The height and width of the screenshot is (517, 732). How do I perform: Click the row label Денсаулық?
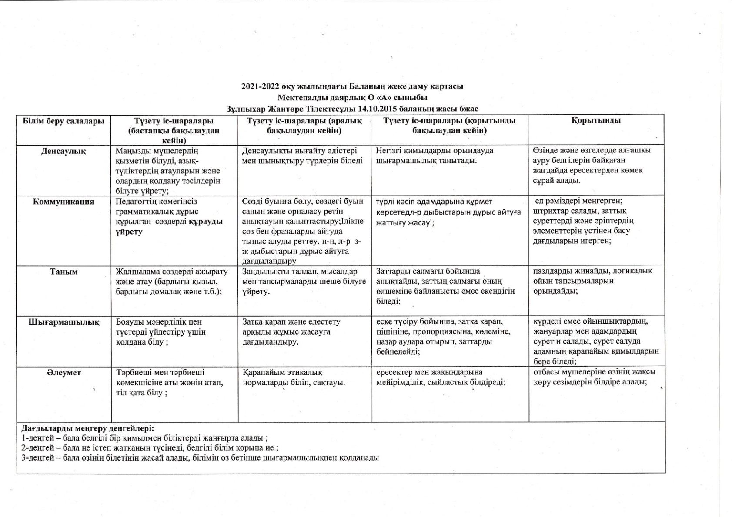pyautogui.click(x=64, y=151)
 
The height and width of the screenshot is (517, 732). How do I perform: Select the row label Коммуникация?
pyautogui.click(x=64, y=202)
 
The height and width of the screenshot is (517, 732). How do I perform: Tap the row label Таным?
pyautogui.click(x=64, y=272)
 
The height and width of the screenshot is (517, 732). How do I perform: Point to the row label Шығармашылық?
pyautogui.click(x=64, y=322)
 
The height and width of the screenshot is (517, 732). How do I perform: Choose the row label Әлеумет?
pyautogui.click(x=64, y=372)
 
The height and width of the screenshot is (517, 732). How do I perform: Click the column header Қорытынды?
pyautogui.click(x=596, y=120)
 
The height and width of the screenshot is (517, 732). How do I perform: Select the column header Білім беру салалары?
pyautogui.click(x=64, y=121)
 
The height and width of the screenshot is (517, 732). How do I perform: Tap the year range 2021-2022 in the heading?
pyautogui.click(x=260, y=86)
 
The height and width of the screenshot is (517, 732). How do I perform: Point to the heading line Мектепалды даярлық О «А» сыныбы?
pyautogui.click(x=352, y=97)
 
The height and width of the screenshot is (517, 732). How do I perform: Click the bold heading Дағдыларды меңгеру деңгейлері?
pyautogui.click(x=88, y=428)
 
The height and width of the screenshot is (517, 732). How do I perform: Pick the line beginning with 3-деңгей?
pyautogui.click(x=200, y=457)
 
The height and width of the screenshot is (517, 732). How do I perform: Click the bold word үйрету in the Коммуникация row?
pyautogui.click(x=129, y=232)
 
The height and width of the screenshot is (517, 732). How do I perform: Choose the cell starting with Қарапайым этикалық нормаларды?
pyautogui.click(x=294, y=378)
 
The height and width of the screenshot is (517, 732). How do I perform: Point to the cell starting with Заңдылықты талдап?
pyautogui.click(x=304, y=281)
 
